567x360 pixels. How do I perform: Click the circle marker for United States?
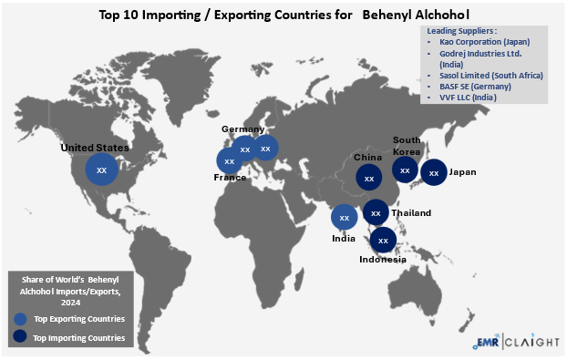pos(101,170)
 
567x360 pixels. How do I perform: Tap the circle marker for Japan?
pos(434,172)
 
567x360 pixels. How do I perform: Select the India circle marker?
pos(344,217)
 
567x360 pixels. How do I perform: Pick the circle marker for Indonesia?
pos(383,241)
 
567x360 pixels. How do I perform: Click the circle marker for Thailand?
pos(376,212)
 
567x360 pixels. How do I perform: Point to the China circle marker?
pos(368,178)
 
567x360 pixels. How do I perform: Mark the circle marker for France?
pos(229,161)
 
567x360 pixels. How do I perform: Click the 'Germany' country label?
pos(242,129)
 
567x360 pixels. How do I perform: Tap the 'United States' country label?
pos(95,147)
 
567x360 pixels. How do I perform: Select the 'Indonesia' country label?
pos(383,260)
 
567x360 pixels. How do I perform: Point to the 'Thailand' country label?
pos(412,213)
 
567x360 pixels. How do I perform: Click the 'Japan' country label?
pos(463,172)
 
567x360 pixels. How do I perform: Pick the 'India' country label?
pos(343,239)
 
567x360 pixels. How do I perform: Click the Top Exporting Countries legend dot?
pos(20,318)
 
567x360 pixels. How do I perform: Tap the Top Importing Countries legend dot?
pos(20,337)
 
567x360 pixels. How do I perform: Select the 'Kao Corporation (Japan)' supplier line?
pos(483,42)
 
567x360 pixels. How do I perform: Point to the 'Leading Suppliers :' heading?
pos(461,31)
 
